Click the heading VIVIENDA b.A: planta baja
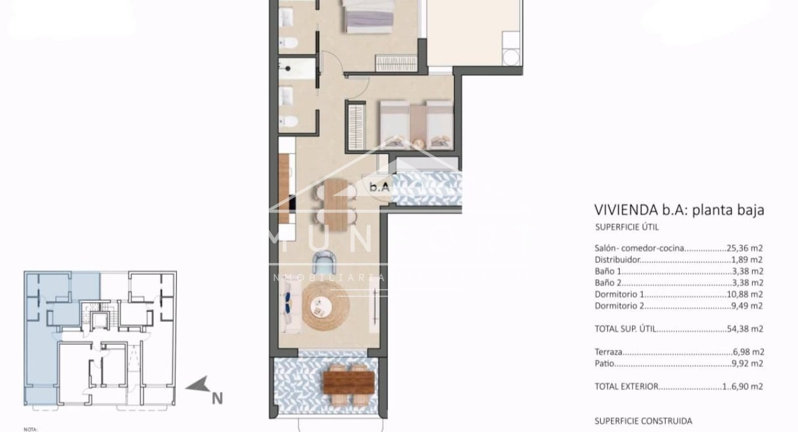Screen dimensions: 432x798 pyautogui.click(x=679, y=210)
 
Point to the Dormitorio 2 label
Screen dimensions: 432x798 pyautogui.click(x=620, y=306)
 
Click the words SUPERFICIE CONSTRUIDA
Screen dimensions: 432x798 pyautogui.click(x=643, y=421)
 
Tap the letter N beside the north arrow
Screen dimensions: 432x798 pyautogui.click(x=217, y=399)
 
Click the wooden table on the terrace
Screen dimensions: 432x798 pyautogui.click(x=348, y=382)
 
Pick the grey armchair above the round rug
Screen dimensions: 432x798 pyautogui.click(x=325, y=262)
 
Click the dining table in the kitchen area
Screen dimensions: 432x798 pyautogui.click(x=337, y=201)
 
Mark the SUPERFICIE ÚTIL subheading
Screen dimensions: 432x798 pyautogui.click(x=626, y=228)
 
